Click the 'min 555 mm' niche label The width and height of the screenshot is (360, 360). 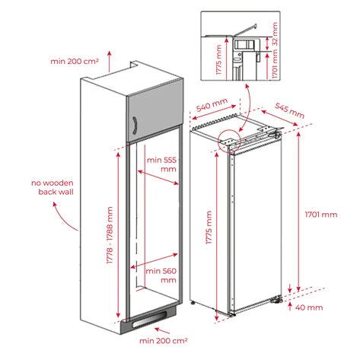[x=161, y=164]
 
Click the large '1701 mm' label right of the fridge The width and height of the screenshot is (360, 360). [x=320, y=215]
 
